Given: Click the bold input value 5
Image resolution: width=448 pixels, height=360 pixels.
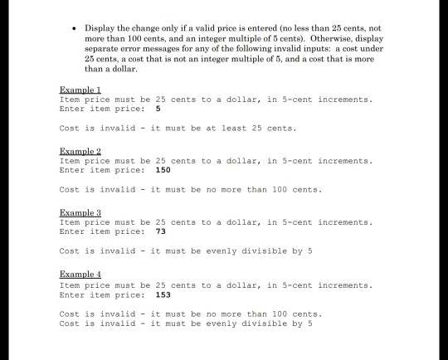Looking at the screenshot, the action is (158, 108).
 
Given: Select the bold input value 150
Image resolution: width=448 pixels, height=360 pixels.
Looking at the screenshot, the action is (163, 169).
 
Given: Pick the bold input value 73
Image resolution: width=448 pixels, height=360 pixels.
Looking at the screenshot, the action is (161, 231).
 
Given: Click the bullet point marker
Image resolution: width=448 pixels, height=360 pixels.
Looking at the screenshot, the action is (75, 28).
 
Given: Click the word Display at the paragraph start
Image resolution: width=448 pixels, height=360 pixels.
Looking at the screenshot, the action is (100, 28).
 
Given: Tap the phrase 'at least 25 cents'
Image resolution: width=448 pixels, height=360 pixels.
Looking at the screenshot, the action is (248, 128).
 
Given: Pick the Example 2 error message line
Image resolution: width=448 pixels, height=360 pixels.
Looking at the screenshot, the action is (190, 189).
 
